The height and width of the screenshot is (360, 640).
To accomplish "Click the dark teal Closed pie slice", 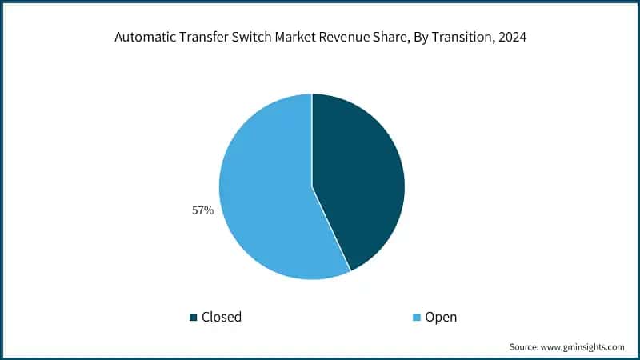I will [360, 176].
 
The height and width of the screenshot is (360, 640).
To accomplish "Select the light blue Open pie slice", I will [264, 192].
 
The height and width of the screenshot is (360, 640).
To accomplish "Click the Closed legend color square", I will [193, 318].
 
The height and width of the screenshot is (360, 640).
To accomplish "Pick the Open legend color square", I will [415, 318].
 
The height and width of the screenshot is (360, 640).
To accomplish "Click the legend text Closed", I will [222, 318].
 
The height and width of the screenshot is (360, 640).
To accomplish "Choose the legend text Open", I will [441, 318].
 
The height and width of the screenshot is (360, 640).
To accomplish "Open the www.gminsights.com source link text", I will [582, 346].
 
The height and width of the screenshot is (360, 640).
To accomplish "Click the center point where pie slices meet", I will [312, 187].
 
